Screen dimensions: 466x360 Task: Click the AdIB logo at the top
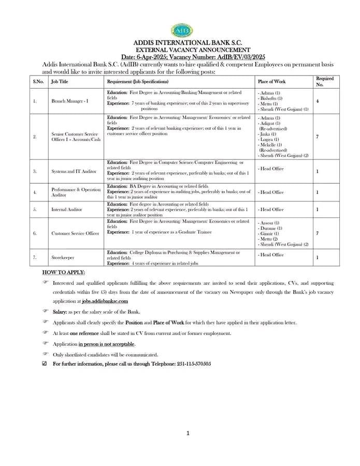click(x=181, y=31)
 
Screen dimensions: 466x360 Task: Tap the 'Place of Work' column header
click(x=271, y=82)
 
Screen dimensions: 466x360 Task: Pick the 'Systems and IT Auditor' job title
click(x=74, y=171)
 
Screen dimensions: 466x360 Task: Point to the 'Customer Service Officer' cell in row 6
click(x=75, y=234)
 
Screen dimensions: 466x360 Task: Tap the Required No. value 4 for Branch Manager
click(x=317, y=101)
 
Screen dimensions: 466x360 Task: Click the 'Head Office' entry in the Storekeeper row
click(x=271, y=255)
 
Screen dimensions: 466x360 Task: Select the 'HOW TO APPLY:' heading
click(x=64, y=272)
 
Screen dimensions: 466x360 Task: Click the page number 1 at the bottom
click(x=188, y=433)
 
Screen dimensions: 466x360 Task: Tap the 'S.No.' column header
click(x=38, y=82)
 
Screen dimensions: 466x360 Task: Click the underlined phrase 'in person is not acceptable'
click(x=107, y=344)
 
